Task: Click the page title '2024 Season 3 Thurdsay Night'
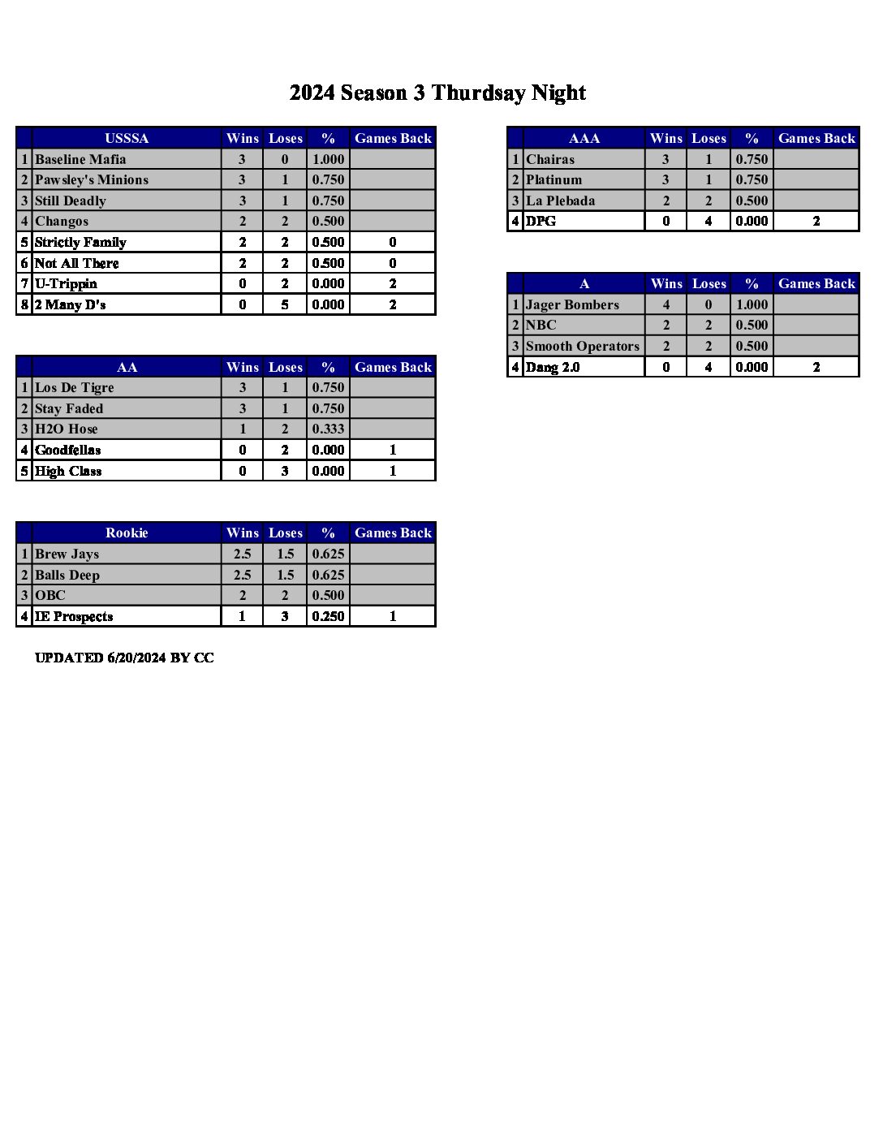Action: [437, 93]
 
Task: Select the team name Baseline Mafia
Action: [80, 159]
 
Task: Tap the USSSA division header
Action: [127, 138]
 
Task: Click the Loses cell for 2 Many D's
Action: [285, 304]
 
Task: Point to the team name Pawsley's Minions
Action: [92, 179]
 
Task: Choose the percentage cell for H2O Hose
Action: [328, 429]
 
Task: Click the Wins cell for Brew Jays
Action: [242, 554]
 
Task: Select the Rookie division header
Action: [127, 533]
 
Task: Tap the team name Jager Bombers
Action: [572, 304]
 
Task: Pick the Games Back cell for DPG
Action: [816, 221]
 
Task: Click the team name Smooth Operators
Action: [582, 346]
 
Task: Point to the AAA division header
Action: [584, 138]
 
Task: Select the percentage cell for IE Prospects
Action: [328, 616]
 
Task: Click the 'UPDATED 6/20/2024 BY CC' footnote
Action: [124, 658]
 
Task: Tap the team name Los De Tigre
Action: [75, 387]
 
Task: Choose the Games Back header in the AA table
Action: [393, 367]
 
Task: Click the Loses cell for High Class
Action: [285, 471]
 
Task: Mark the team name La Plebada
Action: [560, 201]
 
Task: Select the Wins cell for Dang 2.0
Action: [665, 367]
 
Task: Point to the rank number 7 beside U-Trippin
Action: [24, 283]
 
